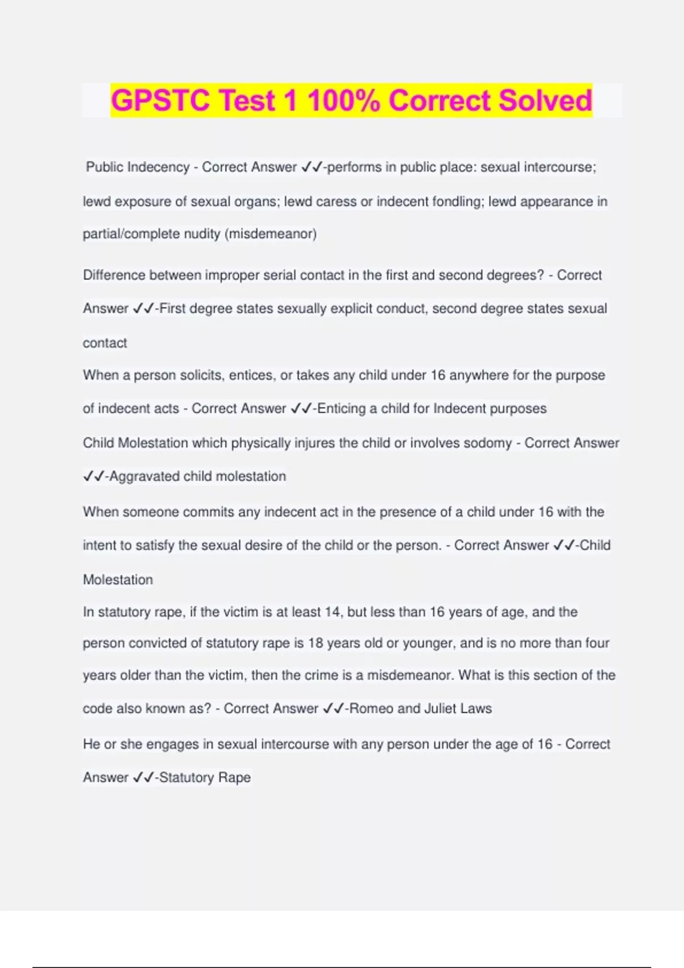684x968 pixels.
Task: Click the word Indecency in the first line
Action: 158,167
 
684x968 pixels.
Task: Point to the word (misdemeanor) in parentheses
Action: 271,234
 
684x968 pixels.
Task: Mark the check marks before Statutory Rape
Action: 143,778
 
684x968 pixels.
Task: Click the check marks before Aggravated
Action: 93,477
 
